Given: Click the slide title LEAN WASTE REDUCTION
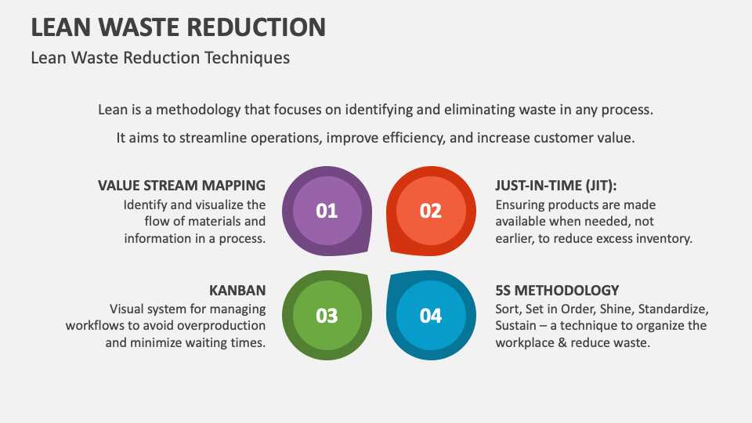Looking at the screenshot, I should click(178, 27).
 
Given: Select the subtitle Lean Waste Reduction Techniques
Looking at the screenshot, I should click(160, 58).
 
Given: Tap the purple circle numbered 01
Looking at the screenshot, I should click(327, 211).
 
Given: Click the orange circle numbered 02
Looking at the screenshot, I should click(431, 211).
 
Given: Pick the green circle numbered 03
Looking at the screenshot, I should click(327, 316).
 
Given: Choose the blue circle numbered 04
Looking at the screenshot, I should click(431, 316).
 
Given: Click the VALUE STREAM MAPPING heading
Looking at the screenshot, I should click(182, 186).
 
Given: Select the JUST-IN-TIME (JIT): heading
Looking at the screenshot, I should click(556, 186).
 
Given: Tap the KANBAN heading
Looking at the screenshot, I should click(237, 291).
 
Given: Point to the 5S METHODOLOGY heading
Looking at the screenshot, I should click(557, 291).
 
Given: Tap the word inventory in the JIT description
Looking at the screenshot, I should click(663, 239).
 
